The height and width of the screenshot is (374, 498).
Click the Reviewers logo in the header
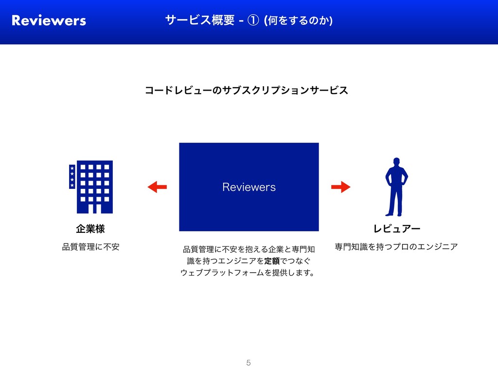[x=49, y=20]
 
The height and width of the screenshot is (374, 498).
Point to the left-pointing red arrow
[x=157, y=187]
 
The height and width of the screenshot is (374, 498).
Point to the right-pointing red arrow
[x=340, y=187]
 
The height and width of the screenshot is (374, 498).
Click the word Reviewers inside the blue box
[x=249, y=187]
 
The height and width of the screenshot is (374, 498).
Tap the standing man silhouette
[x=396, y=187]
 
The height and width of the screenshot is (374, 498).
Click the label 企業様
[x=90, y=228]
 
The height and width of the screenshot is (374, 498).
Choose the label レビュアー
[x=396, y=228]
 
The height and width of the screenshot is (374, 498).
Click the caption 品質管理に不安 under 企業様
[x=90, y=247]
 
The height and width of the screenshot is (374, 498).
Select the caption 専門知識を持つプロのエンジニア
[x=396, y=247]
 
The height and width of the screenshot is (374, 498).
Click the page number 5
[x=249, y=362]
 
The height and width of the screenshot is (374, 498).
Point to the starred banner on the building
[x=72, y=176]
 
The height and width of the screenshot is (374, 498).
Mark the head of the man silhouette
[x=396, y=162]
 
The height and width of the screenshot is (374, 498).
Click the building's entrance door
[x=95, y=208]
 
